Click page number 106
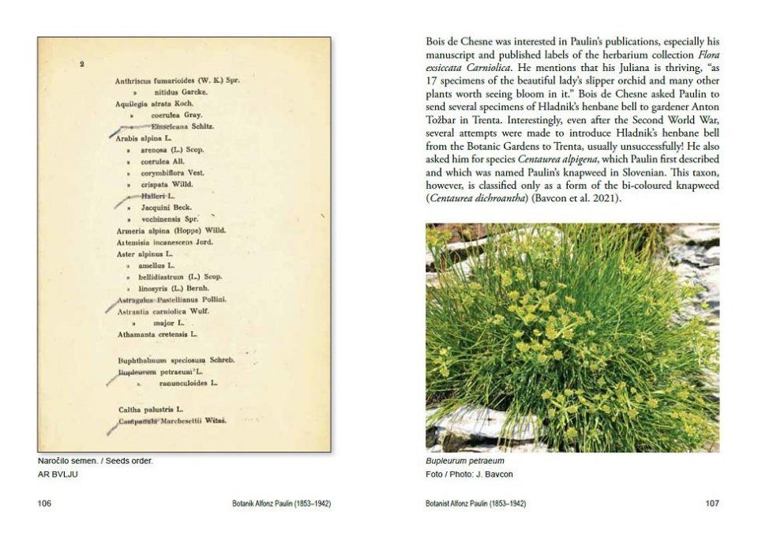click(44, 503)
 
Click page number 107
click(711, 503)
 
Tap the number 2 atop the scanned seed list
click(82, 65)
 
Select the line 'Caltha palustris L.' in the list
click(151, 409)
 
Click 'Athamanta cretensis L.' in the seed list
click(157, 334)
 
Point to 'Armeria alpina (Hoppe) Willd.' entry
click(170, 230)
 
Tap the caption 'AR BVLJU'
click(58, 474)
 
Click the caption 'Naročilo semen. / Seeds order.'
click(95, 461)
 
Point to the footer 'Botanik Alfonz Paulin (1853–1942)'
click(277, 503)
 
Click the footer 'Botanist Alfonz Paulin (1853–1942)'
click(475, 503)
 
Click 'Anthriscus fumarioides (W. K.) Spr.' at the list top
click(177, 81)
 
